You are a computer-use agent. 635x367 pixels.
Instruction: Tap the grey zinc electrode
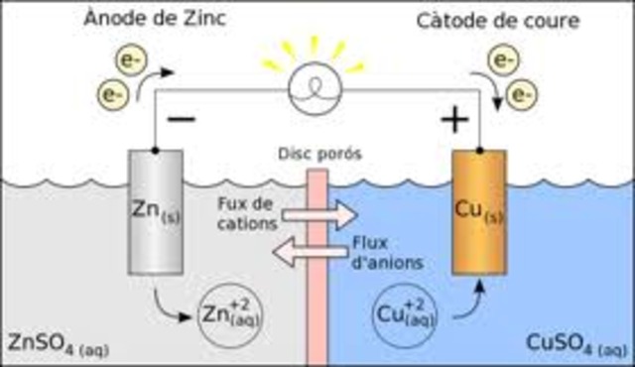[x=157, y=212]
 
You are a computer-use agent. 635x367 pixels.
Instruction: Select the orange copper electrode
[x=478, y=212]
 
